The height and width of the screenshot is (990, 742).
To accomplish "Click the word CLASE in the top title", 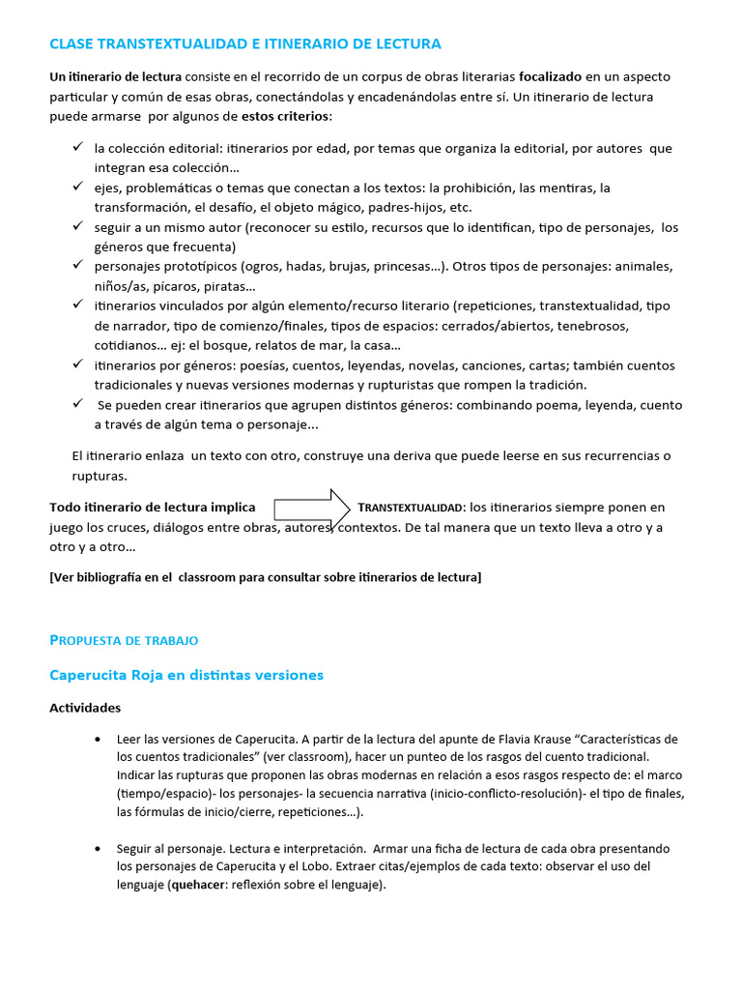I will click(71, 44).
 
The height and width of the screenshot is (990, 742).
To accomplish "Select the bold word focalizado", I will click(554, 76).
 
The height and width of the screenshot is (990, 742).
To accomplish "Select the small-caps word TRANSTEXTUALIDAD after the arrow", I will click(411, 508).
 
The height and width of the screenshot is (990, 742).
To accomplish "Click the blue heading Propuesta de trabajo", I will click(124, 640).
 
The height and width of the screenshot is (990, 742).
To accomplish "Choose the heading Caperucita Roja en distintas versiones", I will click(186, 675).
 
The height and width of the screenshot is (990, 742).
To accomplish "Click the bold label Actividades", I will click(85, 708).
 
